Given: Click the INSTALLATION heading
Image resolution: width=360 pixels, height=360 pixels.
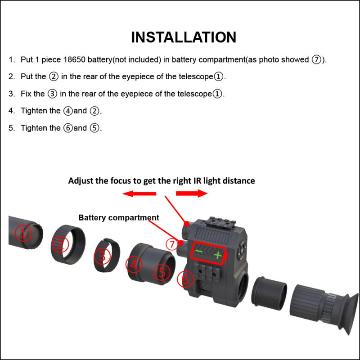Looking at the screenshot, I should tap(183, 37).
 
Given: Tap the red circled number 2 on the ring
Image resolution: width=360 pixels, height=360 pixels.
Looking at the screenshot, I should tap(60, 245).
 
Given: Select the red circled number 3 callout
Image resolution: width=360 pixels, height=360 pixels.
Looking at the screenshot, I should tap(102, 256).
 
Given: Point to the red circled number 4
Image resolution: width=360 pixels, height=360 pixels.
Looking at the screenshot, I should tap(134, 265).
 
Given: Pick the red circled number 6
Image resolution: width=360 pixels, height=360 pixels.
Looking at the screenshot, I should tap(184, 279).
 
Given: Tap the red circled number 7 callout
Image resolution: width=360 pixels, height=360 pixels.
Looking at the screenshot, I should tap(171, 244).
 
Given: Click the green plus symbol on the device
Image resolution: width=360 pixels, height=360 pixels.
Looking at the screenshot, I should tap(218, 255).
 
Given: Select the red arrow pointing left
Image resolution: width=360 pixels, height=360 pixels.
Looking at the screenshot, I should tap(139, 194).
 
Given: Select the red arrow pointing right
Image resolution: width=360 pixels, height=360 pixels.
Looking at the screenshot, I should tap(192, 193).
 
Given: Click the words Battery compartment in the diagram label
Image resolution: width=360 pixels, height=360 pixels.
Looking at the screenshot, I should tap(119, 218).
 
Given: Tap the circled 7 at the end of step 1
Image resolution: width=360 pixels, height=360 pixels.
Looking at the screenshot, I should tap(317, 60).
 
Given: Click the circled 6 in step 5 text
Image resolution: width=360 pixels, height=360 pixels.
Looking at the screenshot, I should tap(68, 128).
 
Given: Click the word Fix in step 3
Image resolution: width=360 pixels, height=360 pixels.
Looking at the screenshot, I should tap(27, 94).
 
